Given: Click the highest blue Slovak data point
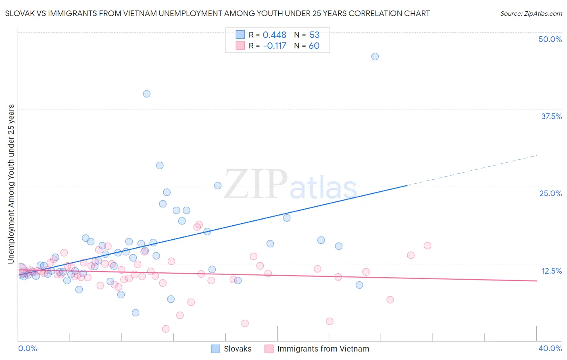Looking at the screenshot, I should coord(375,57).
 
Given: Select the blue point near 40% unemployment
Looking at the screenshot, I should coord(146,94).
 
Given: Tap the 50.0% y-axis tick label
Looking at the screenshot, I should coord(550,39).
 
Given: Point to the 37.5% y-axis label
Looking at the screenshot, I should coord(551,116).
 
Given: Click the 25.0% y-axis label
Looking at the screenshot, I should coord(550,193).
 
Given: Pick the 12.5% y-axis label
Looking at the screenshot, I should coord(551,271).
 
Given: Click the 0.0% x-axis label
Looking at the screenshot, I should coord(27,348).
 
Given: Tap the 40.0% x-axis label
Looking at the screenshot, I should coord(550,348).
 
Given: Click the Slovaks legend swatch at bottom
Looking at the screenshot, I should coord(216,349).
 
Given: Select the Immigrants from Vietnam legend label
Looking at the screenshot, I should coord(323,349).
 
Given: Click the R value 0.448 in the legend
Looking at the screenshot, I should coord(274,35).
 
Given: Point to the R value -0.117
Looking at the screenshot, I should coord(274,46).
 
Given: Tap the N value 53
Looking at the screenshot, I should coord(314,35).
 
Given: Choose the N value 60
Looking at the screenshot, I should coord(314,46).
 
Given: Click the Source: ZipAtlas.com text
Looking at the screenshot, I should coord(531,13).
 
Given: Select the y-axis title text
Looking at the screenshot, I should coord(11,184).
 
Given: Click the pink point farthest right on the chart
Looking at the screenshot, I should coord(427,246).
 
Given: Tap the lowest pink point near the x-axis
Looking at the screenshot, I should coord(165,329).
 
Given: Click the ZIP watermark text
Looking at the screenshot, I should coord(255,185).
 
